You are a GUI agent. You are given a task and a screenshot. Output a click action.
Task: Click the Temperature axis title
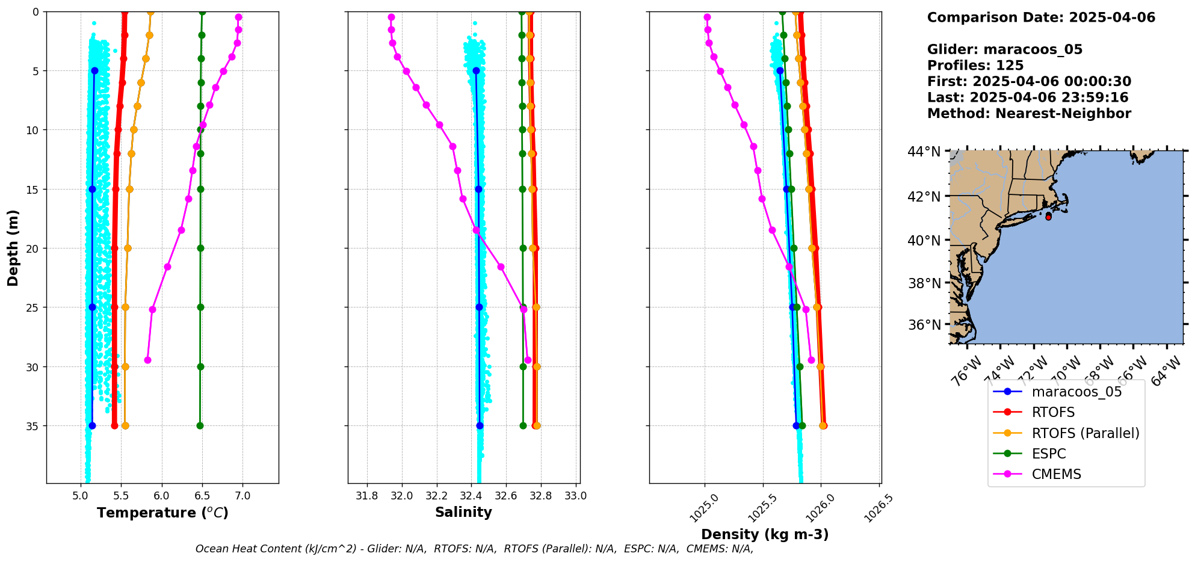(x=162, y=513)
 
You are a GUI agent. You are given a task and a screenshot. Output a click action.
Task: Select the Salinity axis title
(x=463, y=512)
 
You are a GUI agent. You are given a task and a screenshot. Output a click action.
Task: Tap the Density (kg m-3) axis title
(x=765, y=534)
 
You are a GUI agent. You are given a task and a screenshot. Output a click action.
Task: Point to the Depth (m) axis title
(x=13, y=248)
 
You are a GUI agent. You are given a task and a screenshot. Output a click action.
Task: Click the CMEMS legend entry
(x=1056, y=474)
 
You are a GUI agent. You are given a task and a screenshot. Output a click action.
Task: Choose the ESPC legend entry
(x=1048, y=454)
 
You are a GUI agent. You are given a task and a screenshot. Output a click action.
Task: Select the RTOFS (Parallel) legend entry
(x=1085, y=433)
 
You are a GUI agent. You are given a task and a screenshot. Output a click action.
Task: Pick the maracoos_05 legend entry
(x=1076, y=392)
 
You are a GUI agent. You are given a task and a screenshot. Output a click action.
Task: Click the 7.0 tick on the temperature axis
(x=242, y=496)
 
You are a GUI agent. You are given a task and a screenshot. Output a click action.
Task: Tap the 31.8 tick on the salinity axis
(x=367, y=496)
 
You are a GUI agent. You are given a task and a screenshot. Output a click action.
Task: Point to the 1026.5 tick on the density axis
(x=879, y=509)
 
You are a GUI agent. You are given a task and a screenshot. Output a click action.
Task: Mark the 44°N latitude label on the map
(x=924, y=152)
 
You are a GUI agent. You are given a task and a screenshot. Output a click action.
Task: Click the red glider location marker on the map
(x=1048, y=217)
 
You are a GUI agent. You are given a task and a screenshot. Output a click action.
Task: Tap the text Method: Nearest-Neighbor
(x=1029, y=114)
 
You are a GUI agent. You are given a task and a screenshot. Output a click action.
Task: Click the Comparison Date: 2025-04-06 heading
(x=1041, y=17)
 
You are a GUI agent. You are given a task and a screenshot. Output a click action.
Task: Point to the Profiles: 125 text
(x=975, y=66)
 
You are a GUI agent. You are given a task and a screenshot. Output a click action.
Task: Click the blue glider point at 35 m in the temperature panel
(x=92, y=425)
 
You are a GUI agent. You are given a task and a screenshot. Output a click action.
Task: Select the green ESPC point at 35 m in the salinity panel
(x=523, y=425)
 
